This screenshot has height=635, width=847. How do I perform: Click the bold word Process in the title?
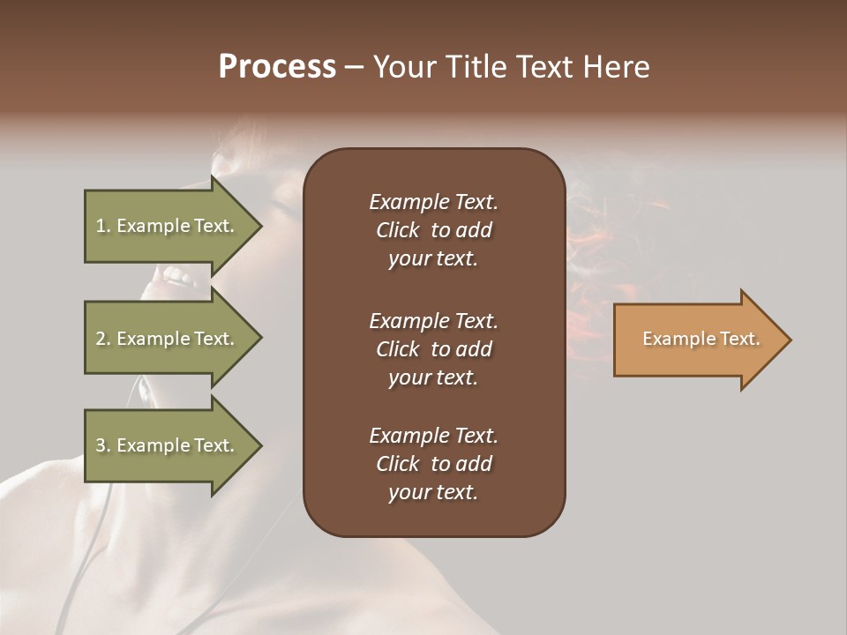[277, 67]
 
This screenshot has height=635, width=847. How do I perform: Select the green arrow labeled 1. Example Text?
[168, 226]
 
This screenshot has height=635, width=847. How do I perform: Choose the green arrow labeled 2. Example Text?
[168, 339]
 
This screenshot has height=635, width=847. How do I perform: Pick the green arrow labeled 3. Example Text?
[168, 445]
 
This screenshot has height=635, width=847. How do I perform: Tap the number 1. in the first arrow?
[103, 226]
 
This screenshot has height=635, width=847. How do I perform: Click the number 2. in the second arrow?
[103, 339]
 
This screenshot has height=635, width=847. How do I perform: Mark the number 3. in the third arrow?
[103, 445]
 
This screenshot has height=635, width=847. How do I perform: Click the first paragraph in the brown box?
[433, 230]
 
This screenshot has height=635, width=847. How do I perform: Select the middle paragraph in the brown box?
[433, 348]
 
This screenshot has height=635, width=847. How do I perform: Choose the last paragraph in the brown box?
[433, 464]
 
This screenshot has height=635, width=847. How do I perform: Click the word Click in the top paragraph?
[398, 230]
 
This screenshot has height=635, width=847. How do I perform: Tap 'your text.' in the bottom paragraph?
[433, 492]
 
